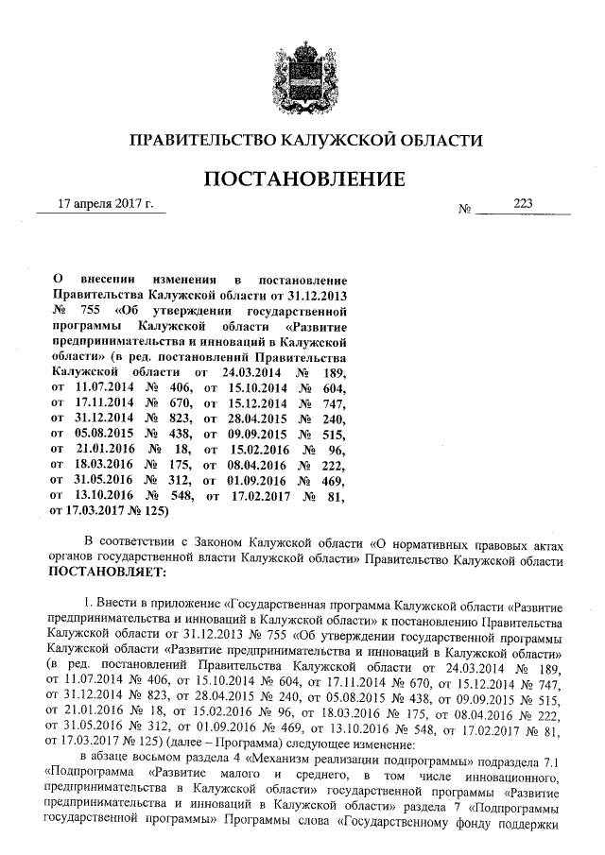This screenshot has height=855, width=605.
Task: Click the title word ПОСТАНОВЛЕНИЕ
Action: click(305, 178)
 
